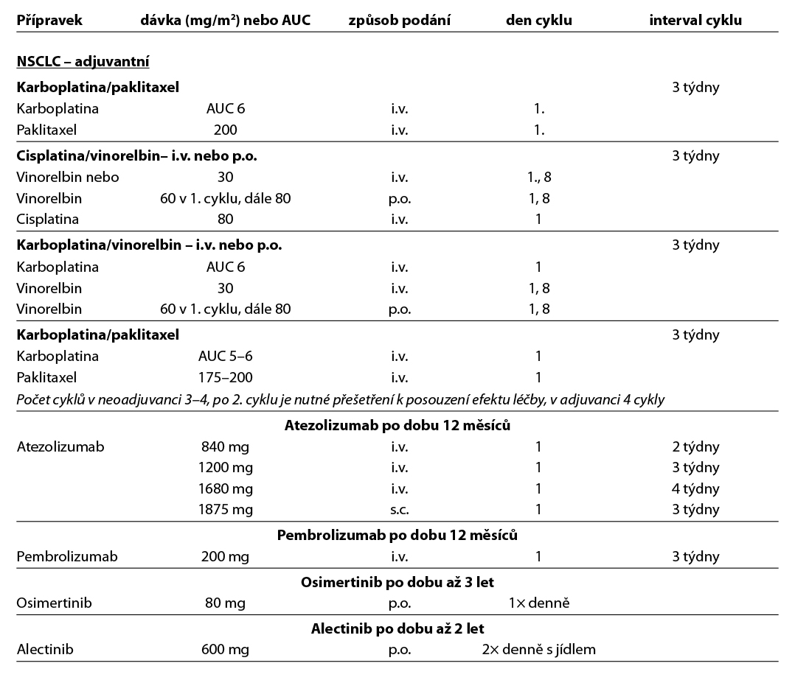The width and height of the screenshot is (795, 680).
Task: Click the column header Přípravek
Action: coord(49,20)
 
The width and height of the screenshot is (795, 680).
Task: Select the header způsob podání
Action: coord(399,20)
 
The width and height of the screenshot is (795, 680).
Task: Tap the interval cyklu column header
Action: coord(695,20)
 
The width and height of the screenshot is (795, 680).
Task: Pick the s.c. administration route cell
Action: coord(399,509)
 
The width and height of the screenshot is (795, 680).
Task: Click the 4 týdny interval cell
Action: coord(695,488)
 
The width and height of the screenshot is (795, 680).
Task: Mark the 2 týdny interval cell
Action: coord(695,446)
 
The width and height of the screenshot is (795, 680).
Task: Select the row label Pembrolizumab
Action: coord(67,556)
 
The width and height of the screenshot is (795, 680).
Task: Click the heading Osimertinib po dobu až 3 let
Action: coord(397,582)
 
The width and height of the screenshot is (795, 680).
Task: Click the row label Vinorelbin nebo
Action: coord(67,177)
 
